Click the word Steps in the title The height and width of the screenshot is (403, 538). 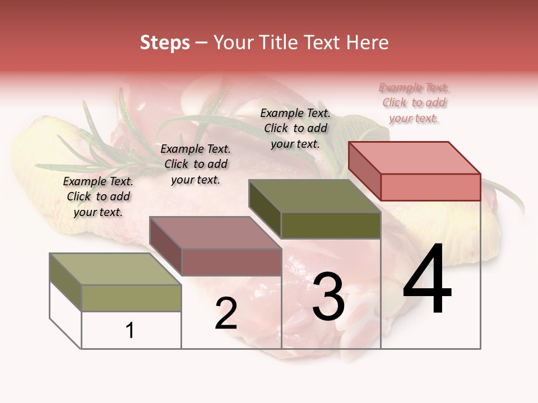pyautogui.click(x=165, y=43)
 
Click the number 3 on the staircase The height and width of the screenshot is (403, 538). pyautogui.click(x=328, y=297)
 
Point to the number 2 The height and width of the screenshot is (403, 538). pyautogui.click(x=226, y=313)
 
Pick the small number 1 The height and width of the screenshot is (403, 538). pyautogui.click(x=130, y=330)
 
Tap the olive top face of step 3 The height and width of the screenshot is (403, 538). pyautogui.click(x=315, y=196)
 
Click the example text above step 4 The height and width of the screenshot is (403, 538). pyautogui.click(x=414, y=103)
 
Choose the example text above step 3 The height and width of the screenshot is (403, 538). pyautogui.click(x=295, y=128)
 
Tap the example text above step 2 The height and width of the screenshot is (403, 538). pyautogui.click(x=196, y=164)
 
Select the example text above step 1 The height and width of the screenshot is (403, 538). pyautogui.click(x=98, y=196)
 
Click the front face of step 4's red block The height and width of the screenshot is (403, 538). pyautogui.click(x=430, y=187)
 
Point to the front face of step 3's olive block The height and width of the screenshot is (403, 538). pyautogui.click(x=331, y=226)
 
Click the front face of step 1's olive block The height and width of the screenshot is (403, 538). pyautogui.click(x=131, y=298)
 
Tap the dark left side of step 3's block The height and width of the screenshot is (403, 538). pyautogui.click(x=265, y=208)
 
